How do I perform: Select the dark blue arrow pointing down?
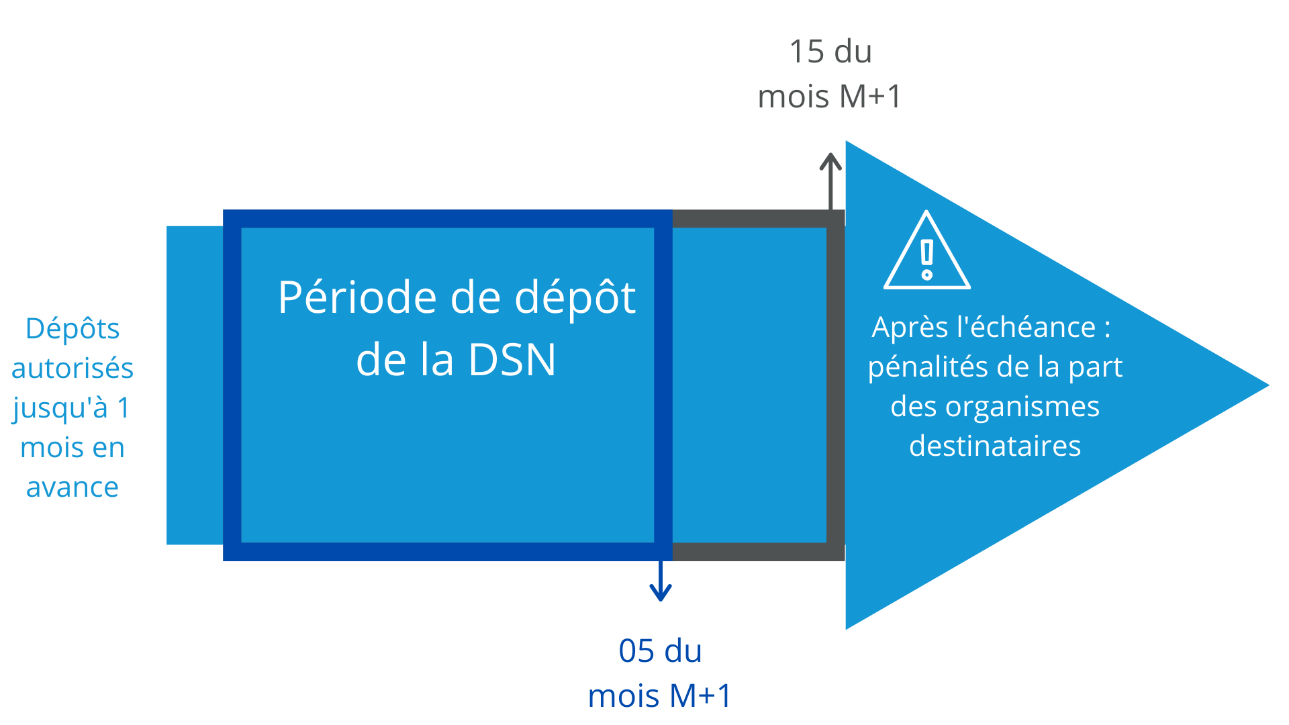tap(661, 581)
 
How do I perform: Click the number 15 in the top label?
tap(806, 52)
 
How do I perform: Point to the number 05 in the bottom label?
tap(636, 651)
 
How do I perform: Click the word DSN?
tap(512, 360)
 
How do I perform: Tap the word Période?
tap(358, 297)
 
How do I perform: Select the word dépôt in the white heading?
tap(575, 297)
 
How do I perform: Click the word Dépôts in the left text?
tap(73, 329)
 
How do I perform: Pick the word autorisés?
tap(73, 369)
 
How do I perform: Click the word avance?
tap(73, 487)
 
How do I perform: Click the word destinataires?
tap(995, 446)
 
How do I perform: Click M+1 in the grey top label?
tap(871, 97)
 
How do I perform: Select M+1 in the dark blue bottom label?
tap(701, 696)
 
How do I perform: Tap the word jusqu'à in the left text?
tap(60, 408)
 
